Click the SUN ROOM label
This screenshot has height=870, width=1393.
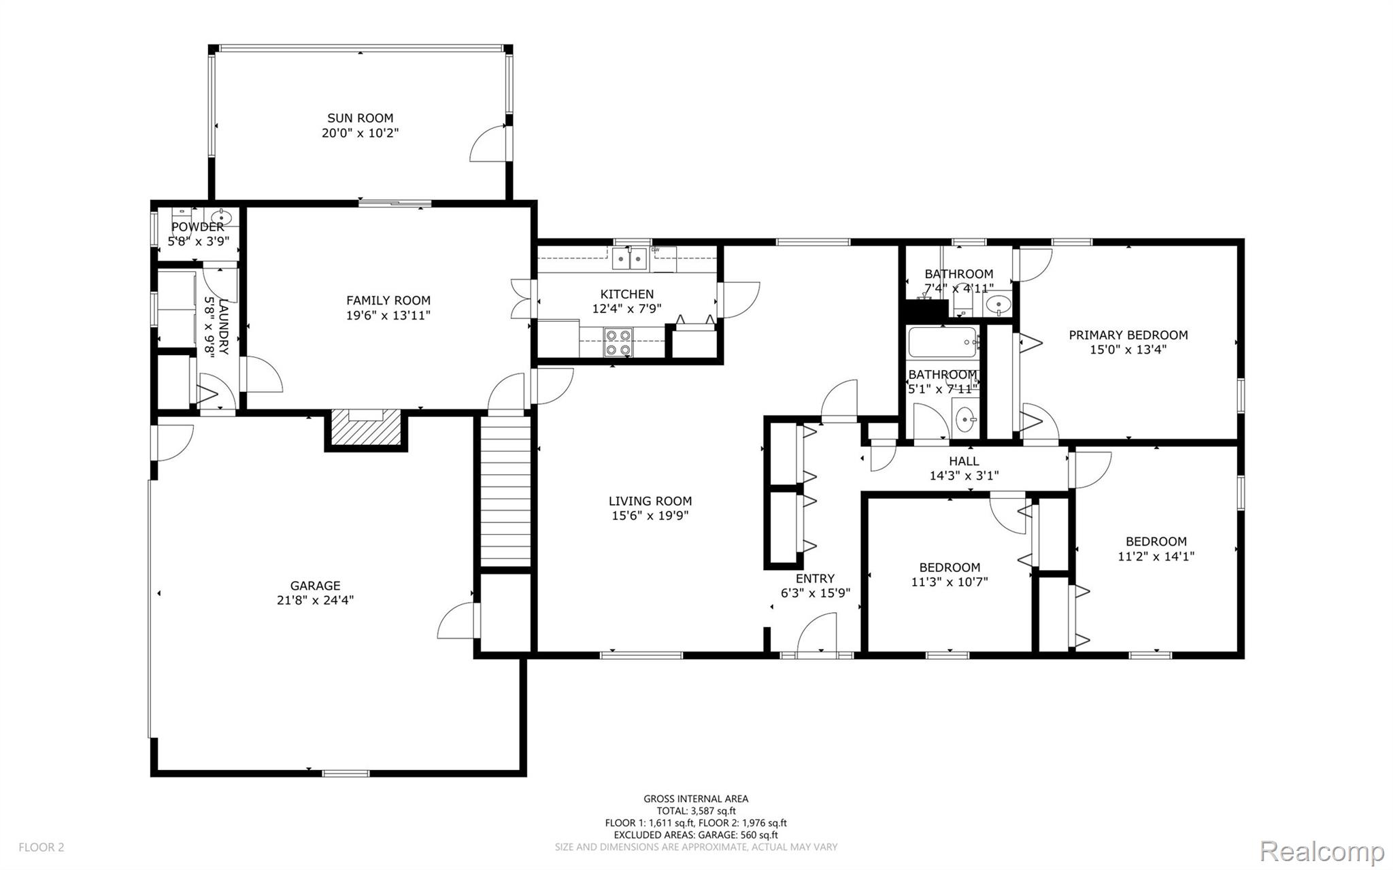point(360,118)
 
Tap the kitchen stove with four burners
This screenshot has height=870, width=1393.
point(618,342)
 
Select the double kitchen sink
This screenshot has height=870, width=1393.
point(629,258)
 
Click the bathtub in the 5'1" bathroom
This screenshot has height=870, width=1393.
point(943,342)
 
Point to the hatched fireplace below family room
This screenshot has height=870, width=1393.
point(367,429)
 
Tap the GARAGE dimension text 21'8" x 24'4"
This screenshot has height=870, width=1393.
point(315,600)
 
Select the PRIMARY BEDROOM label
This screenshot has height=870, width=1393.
point(1128,335)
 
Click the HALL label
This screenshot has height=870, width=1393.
point(964,461)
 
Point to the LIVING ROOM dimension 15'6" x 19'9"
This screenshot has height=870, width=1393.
point(650,516)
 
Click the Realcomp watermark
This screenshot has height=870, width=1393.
point(1322,851)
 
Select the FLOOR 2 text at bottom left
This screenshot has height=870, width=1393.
point(41,847)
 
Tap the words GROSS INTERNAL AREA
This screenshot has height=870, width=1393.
point(696,799)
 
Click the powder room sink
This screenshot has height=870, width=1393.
point(222,218)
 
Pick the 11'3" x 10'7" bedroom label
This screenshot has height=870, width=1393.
point(950,567)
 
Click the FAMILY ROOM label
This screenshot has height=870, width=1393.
point(388,300)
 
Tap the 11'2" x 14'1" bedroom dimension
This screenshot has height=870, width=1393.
point(1156,556)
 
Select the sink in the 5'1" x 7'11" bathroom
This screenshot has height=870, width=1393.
point(965,420)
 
